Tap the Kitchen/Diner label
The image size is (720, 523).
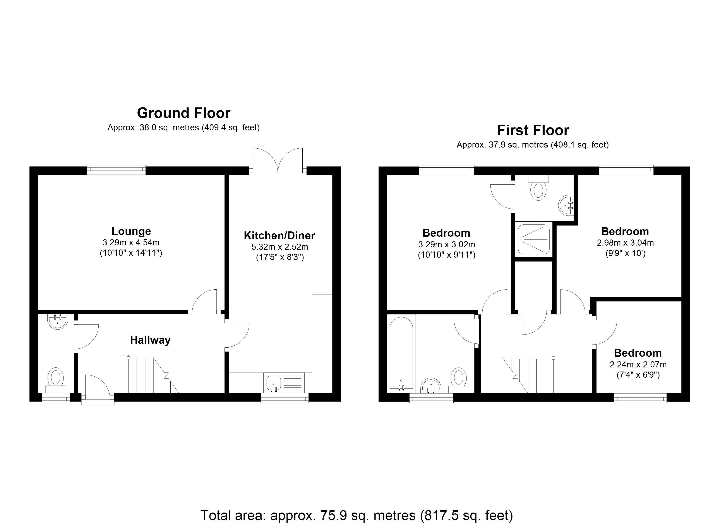click(279, 236)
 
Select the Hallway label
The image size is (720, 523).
click(150, 340)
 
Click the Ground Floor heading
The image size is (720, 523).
click(183, 113)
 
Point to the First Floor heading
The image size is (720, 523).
click(533, 130)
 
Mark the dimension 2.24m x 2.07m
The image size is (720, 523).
click(638, 365)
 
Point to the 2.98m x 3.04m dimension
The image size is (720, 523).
click(625, 243)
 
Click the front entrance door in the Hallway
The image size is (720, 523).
click(98, 389)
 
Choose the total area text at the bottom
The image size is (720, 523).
click(357, 515)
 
